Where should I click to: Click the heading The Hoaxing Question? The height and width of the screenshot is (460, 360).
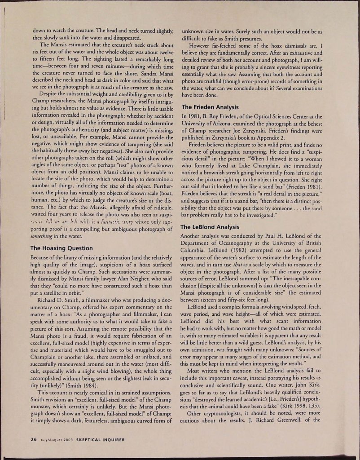click(61, 248)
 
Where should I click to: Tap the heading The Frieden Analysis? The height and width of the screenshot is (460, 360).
click(210, 107)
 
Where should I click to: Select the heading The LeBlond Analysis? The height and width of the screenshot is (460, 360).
click(211, 227)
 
